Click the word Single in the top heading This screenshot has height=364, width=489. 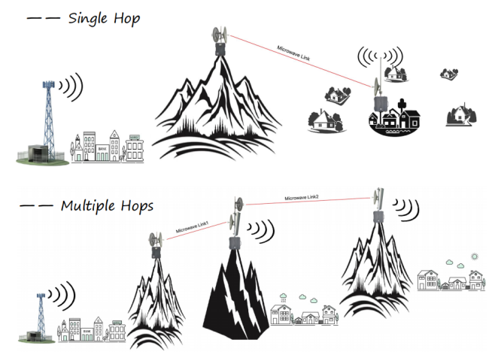pyautogui.click(x=87, y=18)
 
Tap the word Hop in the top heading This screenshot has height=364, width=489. pyautogui.click(x=126, y=19)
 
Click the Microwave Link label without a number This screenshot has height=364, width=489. pyautogui.click(x=293, y=53)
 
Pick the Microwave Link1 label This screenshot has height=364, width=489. pyautogui.click(x=192, y=227)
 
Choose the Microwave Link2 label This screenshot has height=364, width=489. pyautogui.click(x=302, y=198)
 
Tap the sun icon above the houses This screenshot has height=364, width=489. pyautogui.click(x=475, y=256)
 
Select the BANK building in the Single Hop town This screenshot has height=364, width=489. pyautogui.click(x=102, y=153)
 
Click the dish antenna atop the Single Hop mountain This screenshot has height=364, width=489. pyautogui.click(x=220, y=35)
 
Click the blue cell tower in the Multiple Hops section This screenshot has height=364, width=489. pyautogui.click(x=41, y=315)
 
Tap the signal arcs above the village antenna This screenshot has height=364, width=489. pyautogui.click(x=380, y=57)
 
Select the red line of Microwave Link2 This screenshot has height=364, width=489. pyautogui.click(x=308, y=201)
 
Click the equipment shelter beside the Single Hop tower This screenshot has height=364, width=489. pyautogui.click(x=38, y=153)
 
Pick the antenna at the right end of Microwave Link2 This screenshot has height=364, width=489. pyautogui.click(x=378, y=199)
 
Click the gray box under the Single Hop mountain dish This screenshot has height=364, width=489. pyautogui.click(x=220, y=49)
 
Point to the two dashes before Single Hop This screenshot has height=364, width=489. pyautogui.click(x=44, y=18)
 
